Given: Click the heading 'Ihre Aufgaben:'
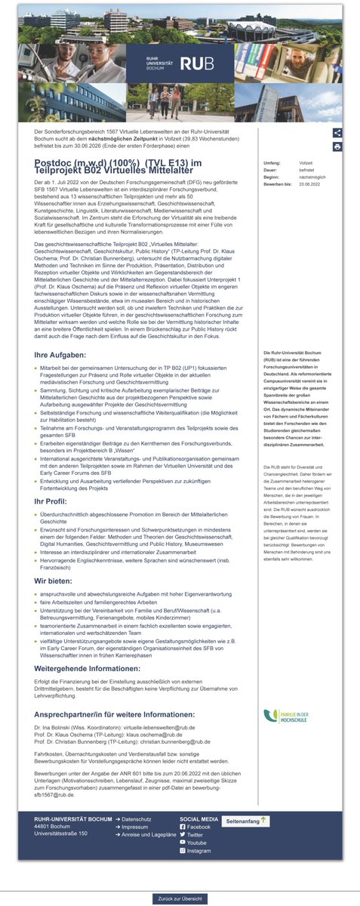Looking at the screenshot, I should coord(60,354).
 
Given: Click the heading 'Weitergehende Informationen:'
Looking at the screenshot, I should coord(88,668).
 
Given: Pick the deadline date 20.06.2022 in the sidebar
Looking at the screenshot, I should coord(309,183).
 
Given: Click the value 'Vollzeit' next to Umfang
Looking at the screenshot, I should coord(306,163).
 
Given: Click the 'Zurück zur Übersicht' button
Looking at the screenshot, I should coord(179,898).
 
